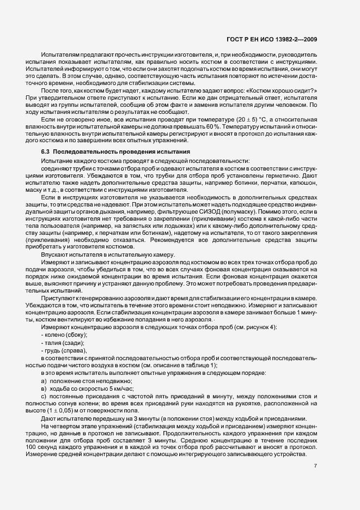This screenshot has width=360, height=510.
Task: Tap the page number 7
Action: tap(316, 465)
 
